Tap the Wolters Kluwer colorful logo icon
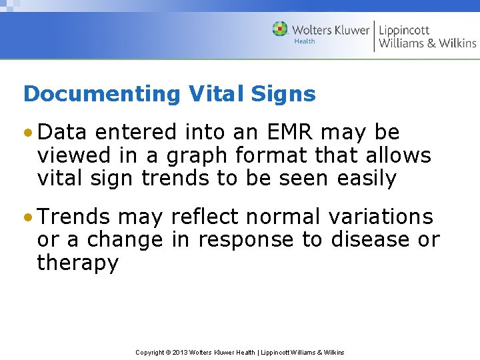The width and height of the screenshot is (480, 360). [280, 29]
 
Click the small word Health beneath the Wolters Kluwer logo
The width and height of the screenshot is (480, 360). [305, 41]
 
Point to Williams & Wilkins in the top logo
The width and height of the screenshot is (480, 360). [427, 43]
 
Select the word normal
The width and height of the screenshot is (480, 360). [289, 217]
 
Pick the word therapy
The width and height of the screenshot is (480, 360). [77, 263]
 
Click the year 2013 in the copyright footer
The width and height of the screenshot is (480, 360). [180, 352]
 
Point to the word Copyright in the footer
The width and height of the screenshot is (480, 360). [150, 352]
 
